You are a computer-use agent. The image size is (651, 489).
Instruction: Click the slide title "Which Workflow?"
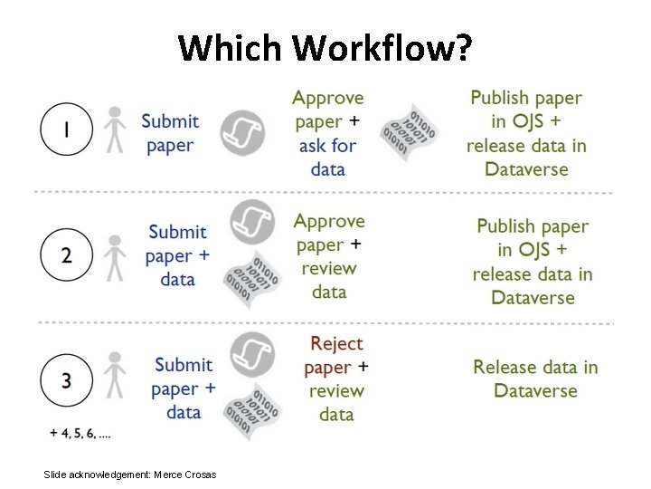click(325, 48)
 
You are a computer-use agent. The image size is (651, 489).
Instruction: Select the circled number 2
click(67, 255)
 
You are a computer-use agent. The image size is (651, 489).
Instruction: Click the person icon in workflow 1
click(113, 130)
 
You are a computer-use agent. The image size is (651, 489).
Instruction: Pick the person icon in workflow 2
click(113, 257)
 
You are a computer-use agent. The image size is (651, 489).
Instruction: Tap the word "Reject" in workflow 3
click(335, 344)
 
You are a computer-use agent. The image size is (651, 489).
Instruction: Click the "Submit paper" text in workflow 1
click(170, 133)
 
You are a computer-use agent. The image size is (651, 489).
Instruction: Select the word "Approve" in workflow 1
click(327, 98)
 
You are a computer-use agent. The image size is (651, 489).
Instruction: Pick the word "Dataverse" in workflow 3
click(535, 391)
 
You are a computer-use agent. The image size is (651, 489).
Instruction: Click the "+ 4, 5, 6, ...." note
click(81, 434)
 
